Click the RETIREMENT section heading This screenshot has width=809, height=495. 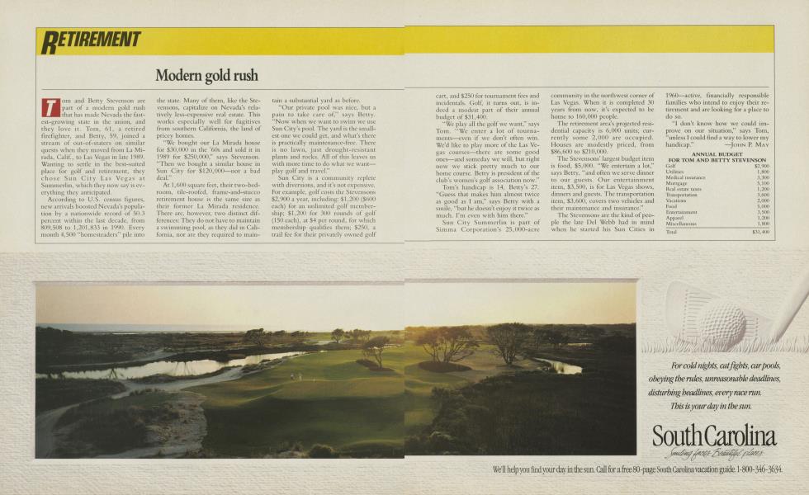pyautogui.click(x=92, y=39)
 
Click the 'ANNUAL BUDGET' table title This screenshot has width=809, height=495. pyautogui.click(x=717, y=154)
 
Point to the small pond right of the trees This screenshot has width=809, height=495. pyautogui.click(x=569, y=365)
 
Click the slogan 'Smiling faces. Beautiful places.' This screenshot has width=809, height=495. pyautogui.click(x=723, y=453)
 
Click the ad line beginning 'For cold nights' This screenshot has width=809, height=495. pyautogui.click(x=726, y=365)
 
